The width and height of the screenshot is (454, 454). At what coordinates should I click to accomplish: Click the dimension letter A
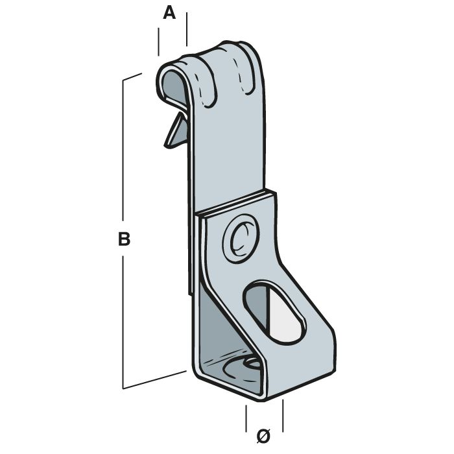tap(169, 14)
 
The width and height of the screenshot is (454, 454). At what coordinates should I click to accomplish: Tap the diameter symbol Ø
tap(263, 436)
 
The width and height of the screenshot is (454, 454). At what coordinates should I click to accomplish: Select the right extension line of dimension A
tap(187, 29)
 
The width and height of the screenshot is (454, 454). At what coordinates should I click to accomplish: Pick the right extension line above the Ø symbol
tap(283, 412)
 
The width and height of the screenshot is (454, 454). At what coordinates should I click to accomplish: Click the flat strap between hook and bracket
tap(227, 149)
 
